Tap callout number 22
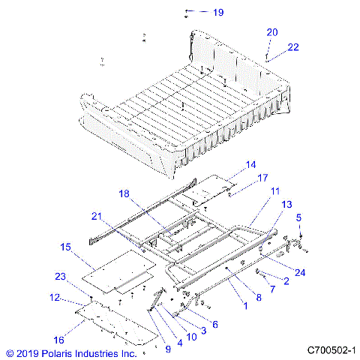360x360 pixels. point(292,46)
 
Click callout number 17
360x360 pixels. point(262,178)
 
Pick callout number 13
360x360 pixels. point(286,205)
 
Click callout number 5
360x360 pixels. point(300,218)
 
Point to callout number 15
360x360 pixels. point(66,247)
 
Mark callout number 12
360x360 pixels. point(54,298)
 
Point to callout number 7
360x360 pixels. point(272,288)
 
